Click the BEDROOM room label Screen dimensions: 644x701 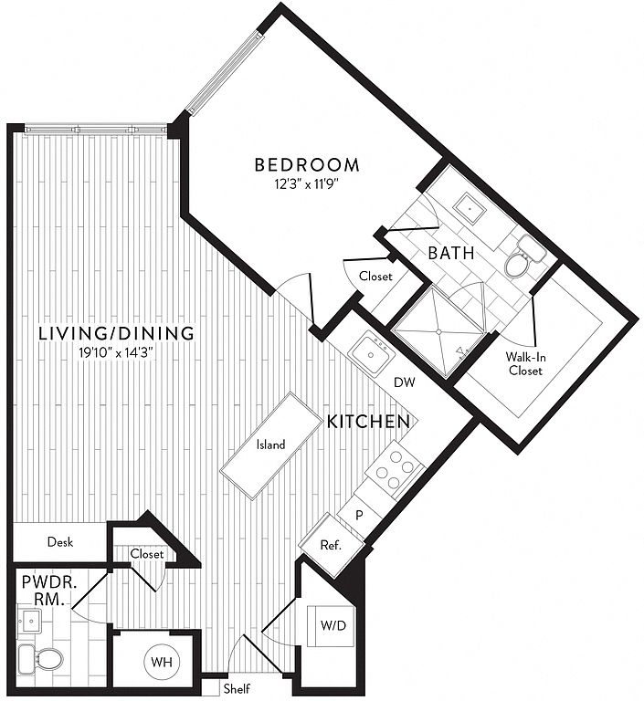[x=307, y=165]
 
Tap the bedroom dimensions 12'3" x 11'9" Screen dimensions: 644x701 [x=306, y=184]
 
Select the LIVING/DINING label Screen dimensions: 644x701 [x=116, y=333]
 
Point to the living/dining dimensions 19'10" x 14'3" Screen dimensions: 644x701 [x=116, y=353]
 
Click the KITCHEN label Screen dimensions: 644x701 [x=368, y=422]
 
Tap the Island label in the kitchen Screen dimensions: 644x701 [x=270, y=445]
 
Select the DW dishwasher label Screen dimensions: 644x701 [x=404, y=382]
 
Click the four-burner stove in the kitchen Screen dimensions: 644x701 [x=395, y=468]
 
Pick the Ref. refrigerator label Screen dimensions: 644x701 [x=332, y=545]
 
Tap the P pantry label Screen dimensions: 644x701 [x=359, y=516]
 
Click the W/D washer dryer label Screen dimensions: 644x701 [x=333, y=625]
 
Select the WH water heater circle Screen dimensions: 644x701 [x=162, y=662]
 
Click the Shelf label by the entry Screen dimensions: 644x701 [x=237, y=688]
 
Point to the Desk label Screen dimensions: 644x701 [x=60, y=542]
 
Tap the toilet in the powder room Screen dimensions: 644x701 [x=41, y=658]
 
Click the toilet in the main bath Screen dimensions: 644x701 [x=524, y=256]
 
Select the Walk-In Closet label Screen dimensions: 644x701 [x=525, y=363]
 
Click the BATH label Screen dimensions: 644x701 [x=451, y=253]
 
